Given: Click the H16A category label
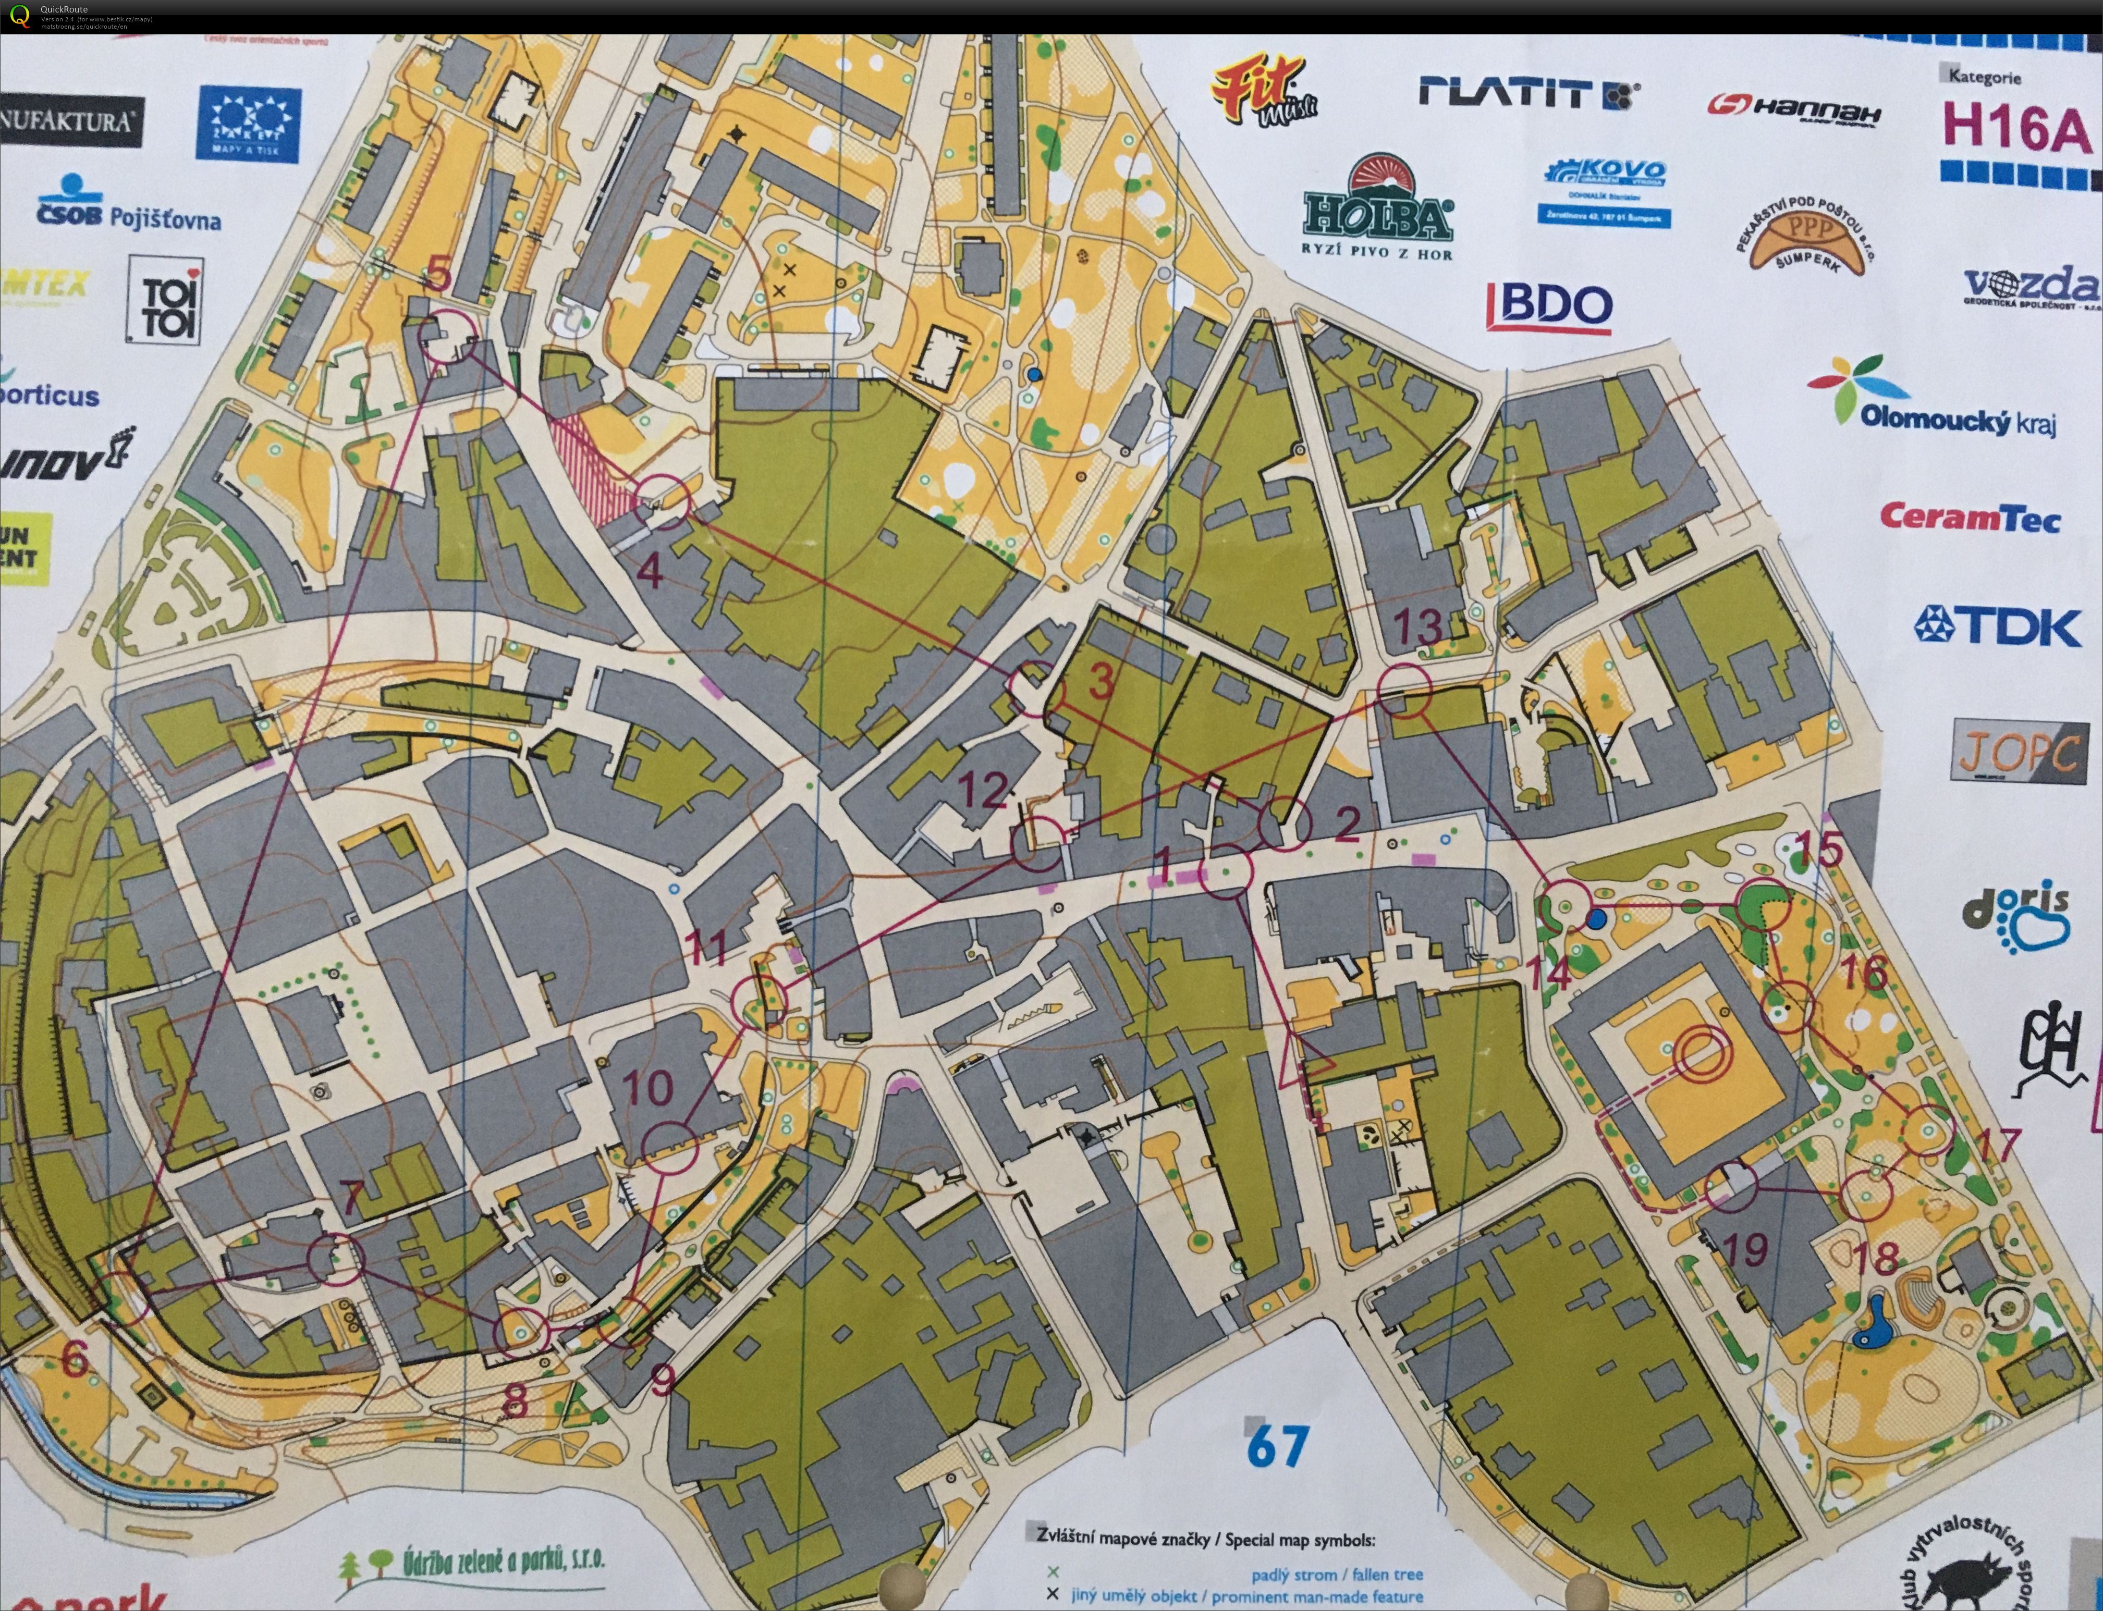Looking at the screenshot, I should click(2016, 129).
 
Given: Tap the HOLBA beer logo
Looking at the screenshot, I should click(1378, 213).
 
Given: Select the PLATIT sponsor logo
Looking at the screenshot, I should click(1529, 93).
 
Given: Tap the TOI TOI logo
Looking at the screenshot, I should click(165, 300).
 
